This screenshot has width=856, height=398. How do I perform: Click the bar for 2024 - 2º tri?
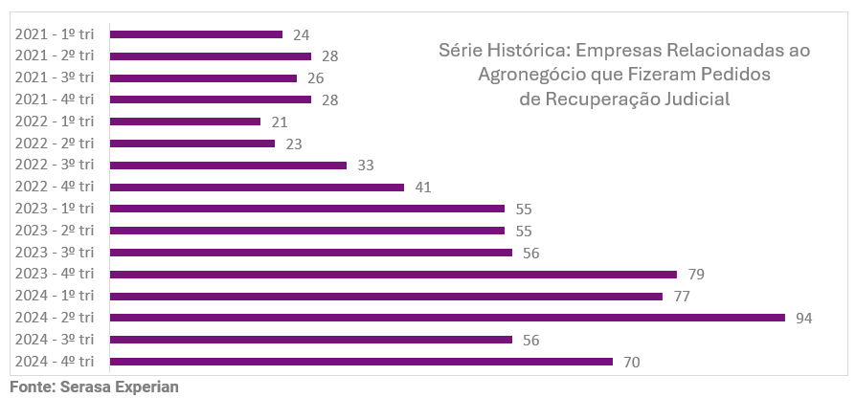(x=447, y=318)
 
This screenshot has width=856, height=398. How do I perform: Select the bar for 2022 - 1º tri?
(x=185, y=122)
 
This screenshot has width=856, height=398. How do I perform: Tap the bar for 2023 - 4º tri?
(x=393, y=275)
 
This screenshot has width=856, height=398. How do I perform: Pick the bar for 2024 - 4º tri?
(x=361, y=362)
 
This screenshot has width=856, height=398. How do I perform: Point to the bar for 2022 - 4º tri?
(x=257, y=188)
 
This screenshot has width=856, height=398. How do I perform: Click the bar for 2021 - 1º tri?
(x=196, y=34)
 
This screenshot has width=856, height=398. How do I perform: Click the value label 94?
(x=804, y=318)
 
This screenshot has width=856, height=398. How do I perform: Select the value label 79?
(x=696, y=275)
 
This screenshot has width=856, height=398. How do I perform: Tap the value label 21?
(x=280, y=122)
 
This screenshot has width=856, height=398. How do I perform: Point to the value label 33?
(x=365, y=166)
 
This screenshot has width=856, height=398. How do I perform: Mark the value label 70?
(x=631, y=362)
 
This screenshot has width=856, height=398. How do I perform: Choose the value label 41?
(x=423, y=188)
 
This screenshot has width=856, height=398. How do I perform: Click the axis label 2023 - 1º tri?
(x=55, y=209)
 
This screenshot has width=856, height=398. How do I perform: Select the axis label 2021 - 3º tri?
(x=55, y=77)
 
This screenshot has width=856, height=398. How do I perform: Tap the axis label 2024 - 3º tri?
(x=55, y=340)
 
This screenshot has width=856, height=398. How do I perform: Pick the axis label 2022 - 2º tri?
(x=55, y=144)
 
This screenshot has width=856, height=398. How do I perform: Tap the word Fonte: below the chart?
(x=32, y=387)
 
